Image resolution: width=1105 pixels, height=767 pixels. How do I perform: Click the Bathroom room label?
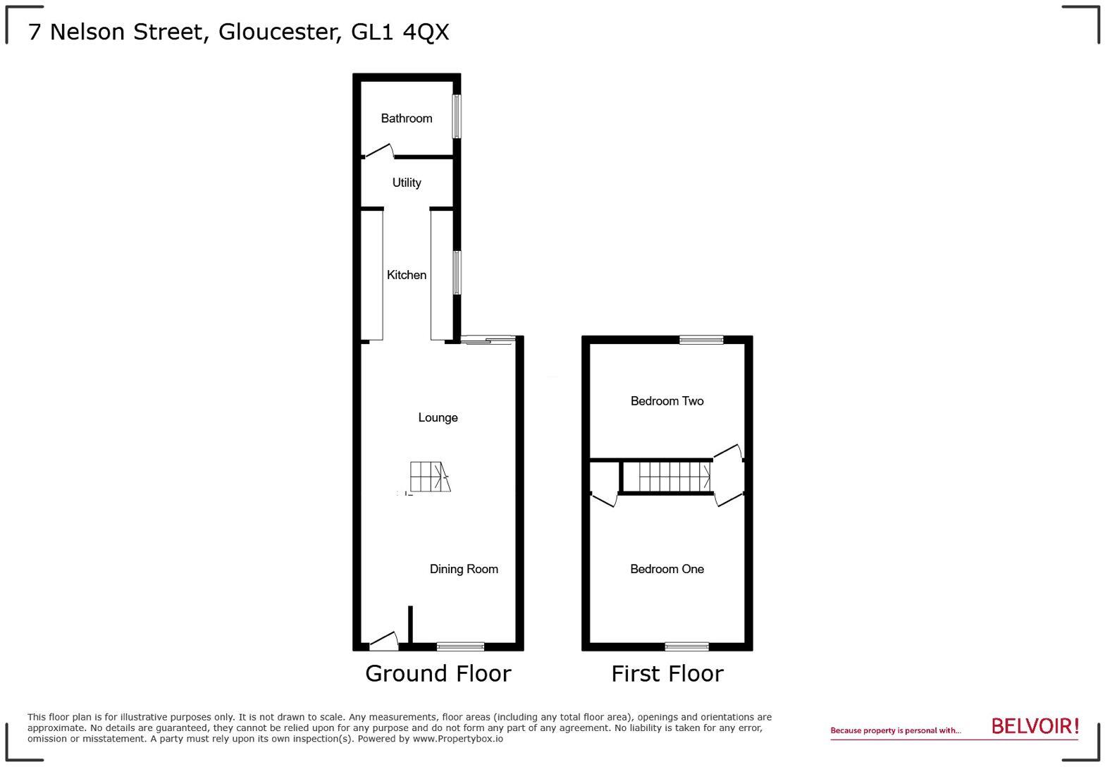(x=407, y=118)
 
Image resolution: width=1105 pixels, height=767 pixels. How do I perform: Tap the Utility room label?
(x=407, y=183)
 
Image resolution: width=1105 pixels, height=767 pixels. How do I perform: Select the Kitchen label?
(x=407, y=275)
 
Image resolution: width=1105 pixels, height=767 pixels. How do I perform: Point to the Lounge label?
(x=438, y=417)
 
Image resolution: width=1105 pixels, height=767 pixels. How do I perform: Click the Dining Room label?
(x=464, y=569)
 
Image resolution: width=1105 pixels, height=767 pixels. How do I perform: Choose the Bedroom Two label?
(x=667, y=401)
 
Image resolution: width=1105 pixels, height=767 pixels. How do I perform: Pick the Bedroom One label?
(x=667, y=569)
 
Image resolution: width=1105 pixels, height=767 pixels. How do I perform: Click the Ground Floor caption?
(x=438, y=673)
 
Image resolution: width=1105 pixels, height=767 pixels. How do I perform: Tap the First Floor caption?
(x=667, y=673)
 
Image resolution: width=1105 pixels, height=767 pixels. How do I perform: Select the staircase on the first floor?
(x=674, y=477)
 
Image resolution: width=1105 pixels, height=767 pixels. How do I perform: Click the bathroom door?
(x=378, y=151)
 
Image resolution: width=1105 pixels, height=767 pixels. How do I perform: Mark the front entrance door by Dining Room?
(x=383, y=641)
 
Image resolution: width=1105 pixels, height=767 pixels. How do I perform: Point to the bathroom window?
(x=457, y=116)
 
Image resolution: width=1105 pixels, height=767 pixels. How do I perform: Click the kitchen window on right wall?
(x=457, y=272)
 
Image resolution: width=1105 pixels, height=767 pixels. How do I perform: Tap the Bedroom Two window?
(x=701, y=340)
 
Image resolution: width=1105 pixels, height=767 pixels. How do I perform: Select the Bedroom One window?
(x=687, y=646)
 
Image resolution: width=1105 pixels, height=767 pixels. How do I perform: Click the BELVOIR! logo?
(x=1035, y=726)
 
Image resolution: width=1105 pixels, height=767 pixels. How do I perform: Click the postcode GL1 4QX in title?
(x=400, y=32)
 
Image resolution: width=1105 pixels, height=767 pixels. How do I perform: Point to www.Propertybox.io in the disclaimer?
(x=457, y=739)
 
